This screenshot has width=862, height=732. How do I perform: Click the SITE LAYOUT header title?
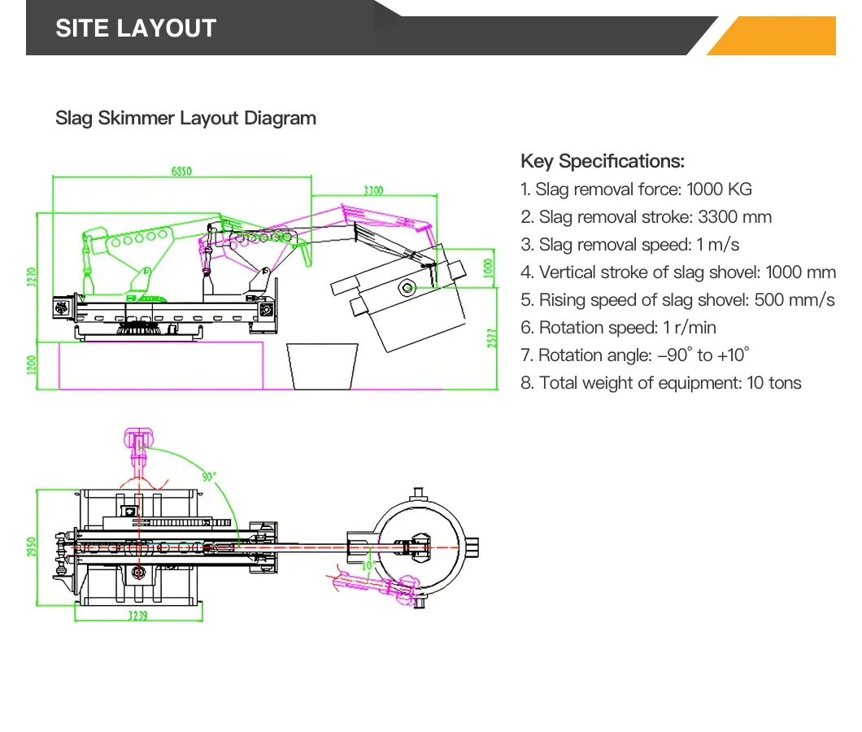point(135,28)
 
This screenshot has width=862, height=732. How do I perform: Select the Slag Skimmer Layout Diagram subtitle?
point(185,118)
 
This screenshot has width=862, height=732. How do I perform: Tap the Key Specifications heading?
point(602,161)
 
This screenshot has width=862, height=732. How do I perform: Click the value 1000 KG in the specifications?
point(719,190)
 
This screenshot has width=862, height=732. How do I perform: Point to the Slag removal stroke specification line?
point(646,217)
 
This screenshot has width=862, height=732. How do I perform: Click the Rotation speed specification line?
point(618,328)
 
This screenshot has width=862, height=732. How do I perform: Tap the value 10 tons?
point(773,383)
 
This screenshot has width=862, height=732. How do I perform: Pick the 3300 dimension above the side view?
point(373,190)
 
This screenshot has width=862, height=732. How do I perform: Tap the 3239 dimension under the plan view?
point(137,616)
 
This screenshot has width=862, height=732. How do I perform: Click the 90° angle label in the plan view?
point(209,477)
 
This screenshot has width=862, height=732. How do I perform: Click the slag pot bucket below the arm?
point(322,367)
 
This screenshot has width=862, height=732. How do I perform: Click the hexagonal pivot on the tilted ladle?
point(407,286)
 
